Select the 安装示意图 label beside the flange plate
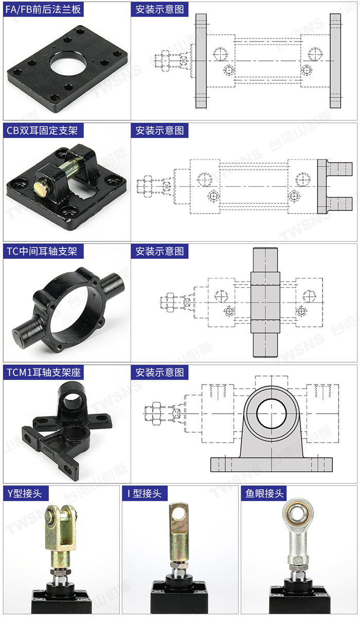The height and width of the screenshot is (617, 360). pos(160,9)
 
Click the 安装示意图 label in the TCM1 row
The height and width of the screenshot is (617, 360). pos(160,372)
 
